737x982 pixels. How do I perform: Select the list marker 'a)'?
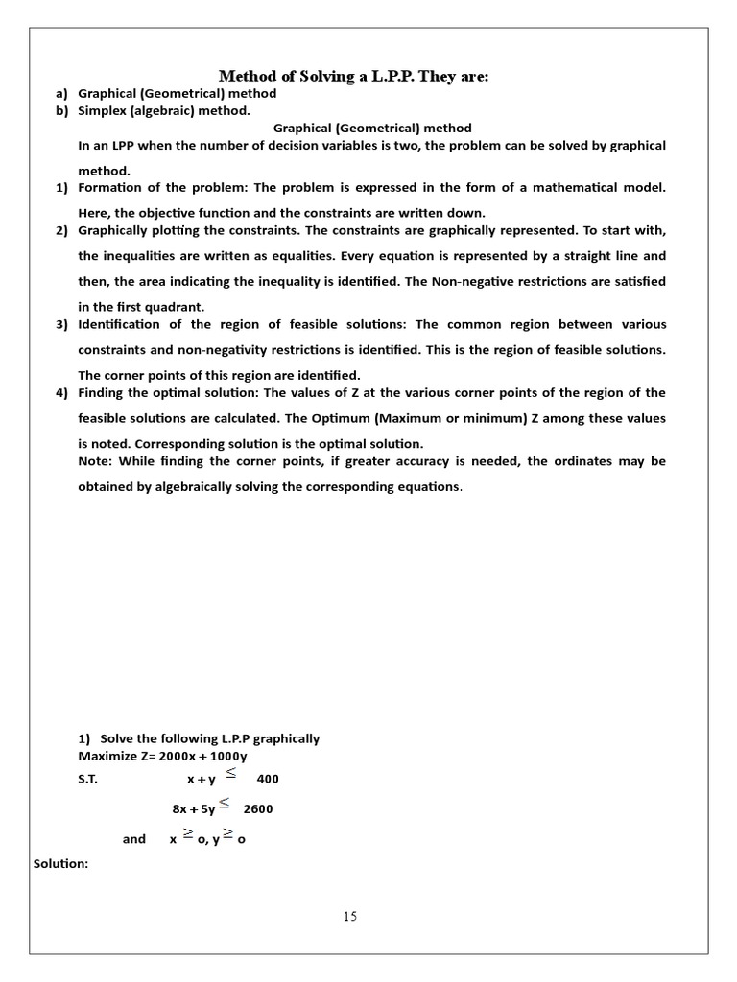tap(62, 94)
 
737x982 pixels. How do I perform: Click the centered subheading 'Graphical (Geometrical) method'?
tap(372, 128)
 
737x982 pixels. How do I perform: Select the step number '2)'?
tap(62, 231)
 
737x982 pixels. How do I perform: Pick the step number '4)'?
tap(62, 393)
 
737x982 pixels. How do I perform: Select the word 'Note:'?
tap(95, 461)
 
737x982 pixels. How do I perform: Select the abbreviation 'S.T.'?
tap(87, 780)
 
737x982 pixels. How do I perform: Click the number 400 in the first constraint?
tap(268, 780)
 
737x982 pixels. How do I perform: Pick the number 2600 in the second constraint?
tap(258, 808)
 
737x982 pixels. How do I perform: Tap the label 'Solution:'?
tap(60, 864)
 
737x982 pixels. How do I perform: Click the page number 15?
tap(350, 917)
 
